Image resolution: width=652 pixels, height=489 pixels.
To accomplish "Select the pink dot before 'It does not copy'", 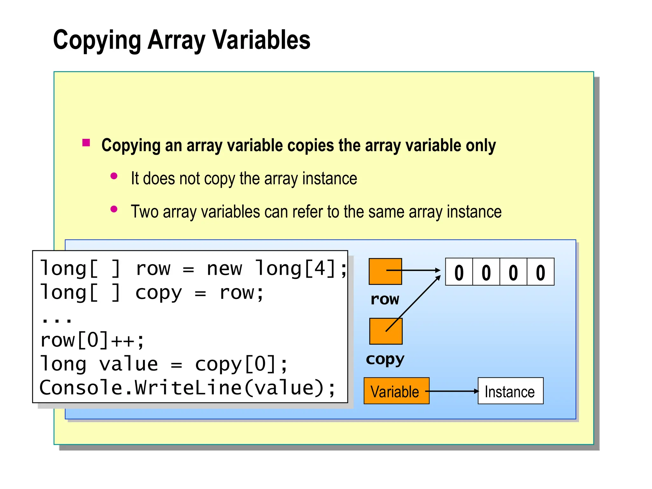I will click(x=114, y=176).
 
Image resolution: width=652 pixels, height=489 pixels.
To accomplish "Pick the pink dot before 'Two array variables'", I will click(x=114, y=209).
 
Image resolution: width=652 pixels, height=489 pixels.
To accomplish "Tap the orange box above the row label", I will click(x=385, y=272).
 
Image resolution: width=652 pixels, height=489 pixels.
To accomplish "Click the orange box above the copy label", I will click(x=386, y=331).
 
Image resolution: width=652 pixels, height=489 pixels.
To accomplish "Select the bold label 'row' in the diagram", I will click(x=385, y=299).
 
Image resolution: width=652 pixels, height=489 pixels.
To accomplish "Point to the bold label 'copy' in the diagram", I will click(x=385, y=359).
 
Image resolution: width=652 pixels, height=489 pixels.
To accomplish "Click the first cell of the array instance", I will click(x=459, y=272).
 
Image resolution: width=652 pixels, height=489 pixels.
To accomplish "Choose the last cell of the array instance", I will click(x=541, y=272).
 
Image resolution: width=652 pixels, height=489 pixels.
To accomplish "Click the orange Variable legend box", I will click(x=396, y=391).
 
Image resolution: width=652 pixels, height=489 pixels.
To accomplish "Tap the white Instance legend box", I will click(x=510, y=391).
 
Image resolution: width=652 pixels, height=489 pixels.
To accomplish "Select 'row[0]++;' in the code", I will click(x=92, y=340).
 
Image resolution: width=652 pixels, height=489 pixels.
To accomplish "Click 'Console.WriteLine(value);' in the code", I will click(x=187, y=388).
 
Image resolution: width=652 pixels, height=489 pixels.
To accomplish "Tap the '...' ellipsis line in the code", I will click(x=57, y=318).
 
